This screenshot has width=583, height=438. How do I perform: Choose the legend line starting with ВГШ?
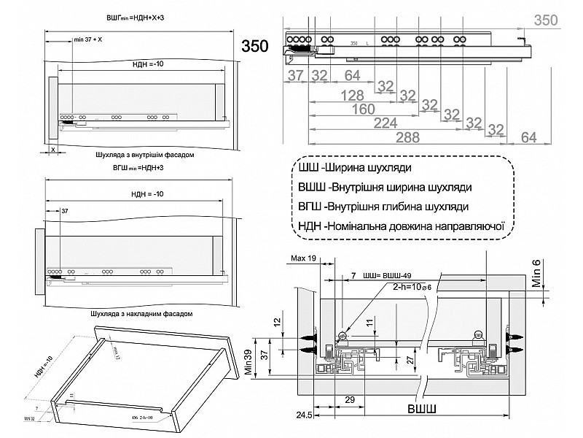point(383,207)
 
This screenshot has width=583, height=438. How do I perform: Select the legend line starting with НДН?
point(402,226)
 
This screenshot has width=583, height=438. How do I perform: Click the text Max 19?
point(303,259)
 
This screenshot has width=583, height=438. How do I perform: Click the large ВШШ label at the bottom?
point(423,408)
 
